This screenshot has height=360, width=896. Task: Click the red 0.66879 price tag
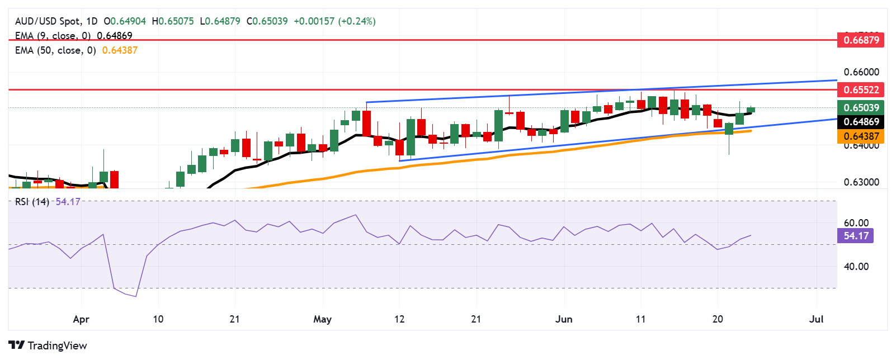click(x=861, y=40)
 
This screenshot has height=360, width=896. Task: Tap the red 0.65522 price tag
click(x=861, y=89)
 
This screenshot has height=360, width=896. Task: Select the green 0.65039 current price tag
click(x=861, y=107)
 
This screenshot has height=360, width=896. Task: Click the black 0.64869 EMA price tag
click(x=861, y=122)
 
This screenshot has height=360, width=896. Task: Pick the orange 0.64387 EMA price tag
click(x=861, y=136)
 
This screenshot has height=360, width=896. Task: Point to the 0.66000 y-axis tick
click(x=861, y=72)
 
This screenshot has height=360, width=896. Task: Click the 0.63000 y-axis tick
click(x=861, y=182)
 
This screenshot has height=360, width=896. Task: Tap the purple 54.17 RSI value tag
click(x=856, y=236)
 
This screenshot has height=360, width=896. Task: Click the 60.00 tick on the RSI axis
click(x=856, y=223)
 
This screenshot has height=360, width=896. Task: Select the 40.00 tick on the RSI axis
click(x=856, y=267)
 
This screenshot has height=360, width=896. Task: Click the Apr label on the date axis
click(x=81, y=319)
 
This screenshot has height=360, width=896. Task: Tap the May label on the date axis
click(x=322, y=319)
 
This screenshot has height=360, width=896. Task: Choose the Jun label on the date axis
click(x=564, y=319)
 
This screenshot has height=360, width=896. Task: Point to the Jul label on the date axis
click(x=817, y=319)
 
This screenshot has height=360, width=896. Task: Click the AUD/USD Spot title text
click(x=48, y=21)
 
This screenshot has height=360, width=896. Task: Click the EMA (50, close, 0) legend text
click(x=55, y=50)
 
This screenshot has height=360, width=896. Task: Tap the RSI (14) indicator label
click(x=32, y=202)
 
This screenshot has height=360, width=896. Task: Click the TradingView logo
click(x=48, y=345)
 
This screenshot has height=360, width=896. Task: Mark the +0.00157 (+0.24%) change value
click(x=334, y=21)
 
